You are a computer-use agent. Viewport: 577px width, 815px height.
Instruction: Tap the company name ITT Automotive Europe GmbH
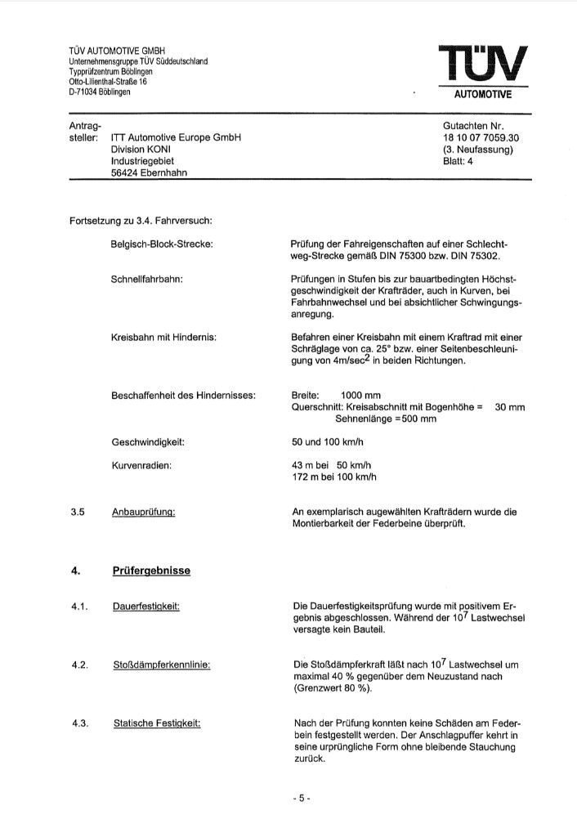pos(176,138)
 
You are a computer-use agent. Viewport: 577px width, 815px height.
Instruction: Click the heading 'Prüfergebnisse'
pos(151,571)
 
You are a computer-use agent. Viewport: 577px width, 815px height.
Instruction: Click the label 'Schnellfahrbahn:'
pos(146,280)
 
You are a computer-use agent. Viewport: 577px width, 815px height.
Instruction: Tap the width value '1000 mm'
pos(362,395)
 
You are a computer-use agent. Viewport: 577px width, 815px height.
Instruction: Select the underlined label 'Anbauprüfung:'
pos(144,513)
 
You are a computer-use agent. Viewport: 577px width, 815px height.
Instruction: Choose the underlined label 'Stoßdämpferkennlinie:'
pos(161,665)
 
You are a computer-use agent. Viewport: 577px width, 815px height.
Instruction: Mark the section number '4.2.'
pos(79,665)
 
